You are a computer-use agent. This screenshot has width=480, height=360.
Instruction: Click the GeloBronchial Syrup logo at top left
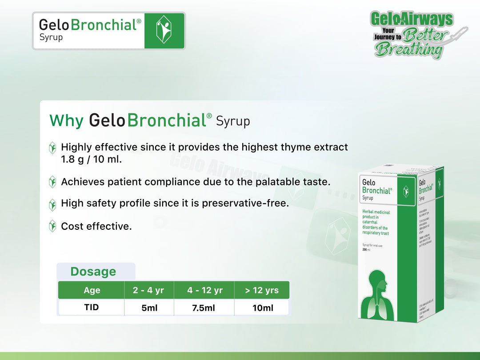click(x=108, y=31)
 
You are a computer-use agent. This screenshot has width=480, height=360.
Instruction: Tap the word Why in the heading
click(x=66, y=120)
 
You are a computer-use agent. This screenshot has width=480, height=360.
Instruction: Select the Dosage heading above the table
click(x=93, y=272)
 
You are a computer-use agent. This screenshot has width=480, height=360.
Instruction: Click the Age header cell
click(x=92, y=290)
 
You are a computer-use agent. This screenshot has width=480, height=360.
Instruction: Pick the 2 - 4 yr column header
click(x=148, y=290)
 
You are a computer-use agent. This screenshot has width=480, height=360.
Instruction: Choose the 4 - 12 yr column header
click(x=204, y=290)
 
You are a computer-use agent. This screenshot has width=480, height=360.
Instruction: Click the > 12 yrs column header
click(x=262, y=290)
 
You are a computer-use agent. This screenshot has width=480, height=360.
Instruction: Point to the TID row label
click(x=92, y=307)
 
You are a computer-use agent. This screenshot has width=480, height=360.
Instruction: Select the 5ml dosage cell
click(x=149, y=308)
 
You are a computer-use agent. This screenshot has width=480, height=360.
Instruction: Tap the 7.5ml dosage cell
click(x=204, y=308)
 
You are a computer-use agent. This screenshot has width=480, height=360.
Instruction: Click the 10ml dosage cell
click(x=262, y=308)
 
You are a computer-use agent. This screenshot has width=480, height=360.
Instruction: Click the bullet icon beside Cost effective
click(x=52, y=226)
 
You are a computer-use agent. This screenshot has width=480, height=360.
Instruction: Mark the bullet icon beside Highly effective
click(x=52, y=148)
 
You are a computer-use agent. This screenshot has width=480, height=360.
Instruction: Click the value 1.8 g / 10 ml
click(x=91, y=159)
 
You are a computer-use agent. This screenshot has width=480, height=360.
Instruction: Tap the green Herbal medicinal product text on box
click(x=376, y=223)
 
